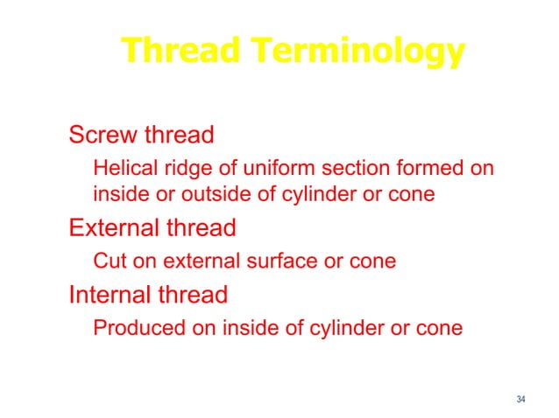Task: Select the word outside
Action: pyautogui.click(x=208, y=194)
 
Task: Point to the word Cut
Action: pyautogui.click(x=108, y=261)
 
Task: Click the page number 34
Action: pyautogui.click(x=521, y=400)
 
